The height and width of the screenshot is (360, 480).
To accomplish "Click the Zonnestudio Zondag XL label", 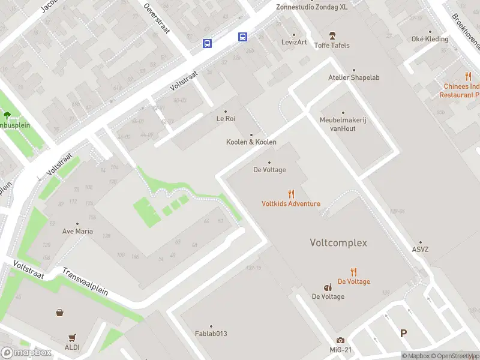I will pos(311,7).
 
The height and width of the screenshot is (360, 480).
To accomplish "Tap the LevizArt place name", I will pos(294,42).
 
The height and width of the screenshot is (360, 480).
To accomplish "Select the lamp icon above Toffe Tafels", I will pos(332,36).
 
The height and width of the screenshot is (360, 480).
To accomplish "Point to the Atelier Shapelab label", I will pos(353,77).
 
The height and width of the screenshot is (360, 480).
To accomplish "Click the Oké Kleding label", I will pos(430,39).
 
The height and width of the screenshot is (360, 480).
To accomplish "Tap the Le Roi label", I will pos(226,118).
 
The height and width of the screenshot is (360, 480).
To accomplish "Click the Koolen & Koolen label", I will pos(251,142).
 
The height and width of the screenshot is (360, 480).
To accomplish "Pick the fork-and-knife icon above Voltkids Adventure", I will pos(291,194).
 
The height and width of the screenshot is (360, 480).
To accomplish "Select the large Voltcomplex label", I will pos(338,243).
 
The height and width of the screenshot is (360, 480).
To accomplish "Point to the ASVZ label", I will pos(421,250).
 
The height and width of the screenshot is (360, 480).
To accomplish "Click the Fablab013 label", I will pos(211,334).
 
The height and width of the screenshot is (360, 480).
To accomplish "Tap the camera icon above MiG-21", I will pos(340,341).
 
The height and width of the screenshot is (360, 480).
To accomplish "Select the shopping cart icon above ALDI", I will pos(73,337).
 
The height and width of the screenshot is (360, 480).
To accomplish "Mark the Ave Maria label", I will pos(77,231).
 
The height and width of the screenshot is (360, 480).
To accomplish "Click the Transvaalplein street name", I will pos(85,281).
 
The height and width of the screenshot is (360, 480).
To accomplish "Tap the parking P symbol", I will pos(403,333).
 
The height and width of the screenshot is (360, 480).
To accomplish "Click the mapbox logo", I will pos(26,353).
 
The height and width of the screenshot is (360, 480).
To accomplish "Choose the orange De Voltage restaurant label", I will pos(353,281).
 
